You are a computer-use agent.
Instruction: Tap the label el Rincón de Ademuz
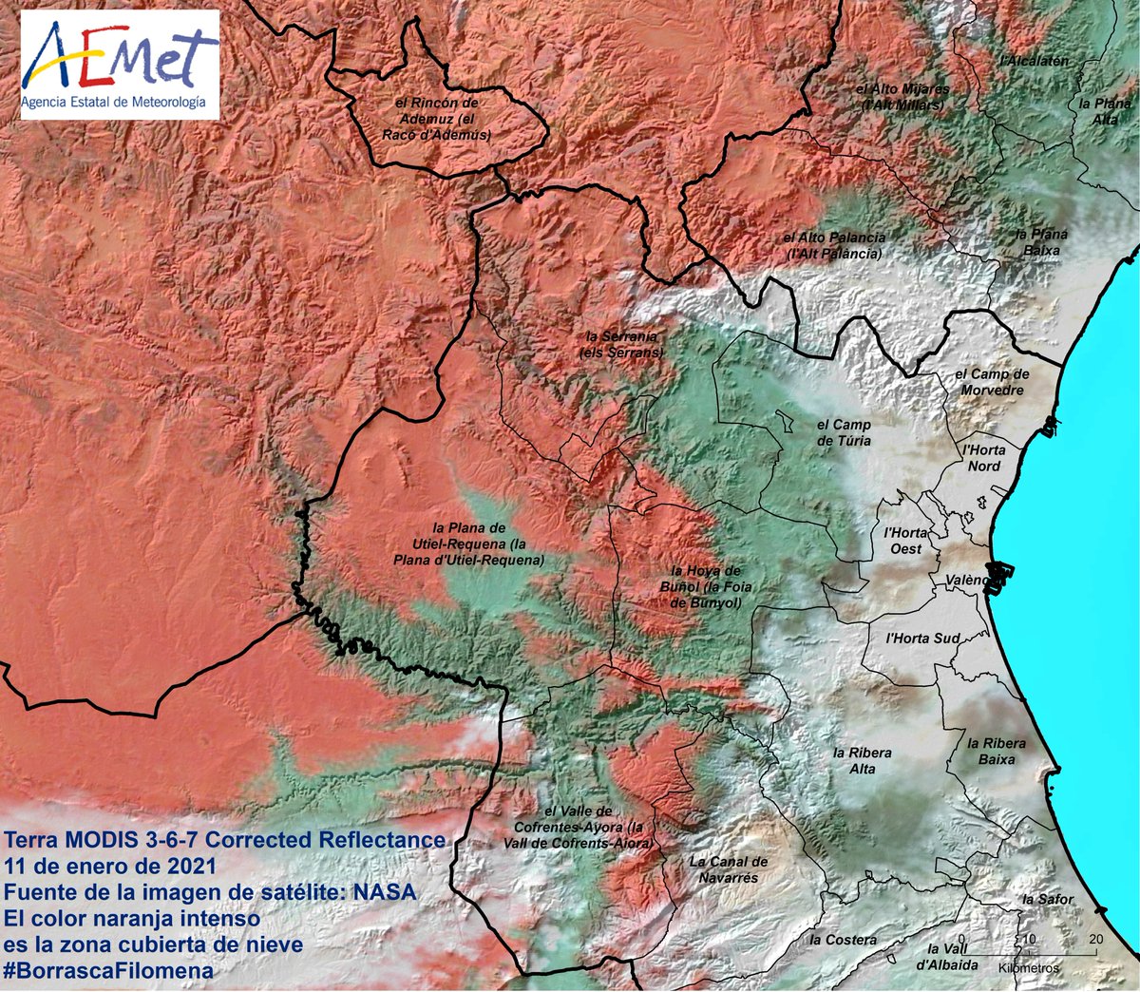[436, 119]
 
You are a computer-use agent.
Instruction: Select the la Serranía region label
[621, 344]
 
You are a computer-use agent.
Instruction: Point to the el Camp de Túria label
[844, 432]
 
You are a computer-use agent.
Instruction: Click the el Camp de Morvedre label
[992, 382]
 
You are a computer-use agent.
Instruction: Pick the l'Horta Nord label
[983, 458]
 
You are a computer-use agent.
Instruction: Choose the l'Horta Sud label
[922, 639]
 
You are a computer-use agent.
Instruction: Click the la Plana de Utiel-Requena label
[468, 544]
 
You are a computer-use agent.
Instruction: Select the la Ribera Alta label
[863, 760]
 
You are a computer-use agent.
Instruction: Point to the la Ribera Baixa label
[997, 751]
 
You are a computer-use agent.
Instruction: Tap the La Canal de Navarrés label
[729, 869]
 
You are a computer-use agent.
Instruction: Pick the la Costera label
[844, 940]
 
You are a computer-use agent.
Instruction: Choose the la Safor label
[1049, 899]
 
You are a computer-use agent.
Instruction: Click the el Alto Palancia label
[834, 245]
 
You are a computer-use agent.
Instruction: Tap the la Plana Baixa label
[1041, 242]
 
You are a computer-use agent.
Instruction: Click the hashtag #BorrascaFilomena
[109, 970]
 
